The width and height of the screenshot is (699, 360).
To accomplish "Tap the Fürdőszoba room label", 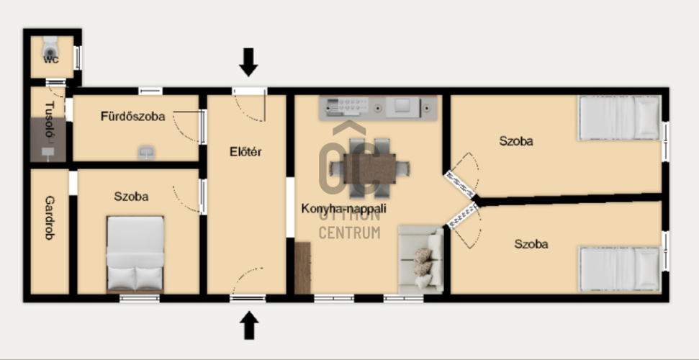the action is pyautogui.click(x=133, y=117).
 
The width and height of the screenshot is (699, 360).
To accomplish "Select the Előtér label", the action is pyautogui.click(x=245, y=152).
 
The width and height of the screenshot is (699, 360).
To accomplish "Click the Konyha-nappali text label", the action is pyautogui.click(x=343, y=208).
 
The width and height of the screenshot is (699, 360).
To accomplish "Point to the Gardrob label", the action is pyautogui.click(x=50, y=217).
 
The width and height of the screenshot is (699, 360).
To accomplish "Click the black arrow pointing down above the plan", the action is pyautogui.click(x=248, y=62).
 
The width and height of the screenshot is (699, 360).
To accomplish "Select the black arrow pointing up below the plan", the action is pyautogui.click(x=249, y=325).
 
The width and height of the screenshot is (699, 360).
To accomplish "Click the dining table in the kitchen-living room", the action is pyautogui.click(x=370, y=168).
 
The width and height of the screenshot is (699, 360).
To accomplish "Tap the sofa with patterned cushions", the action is pyautogui.click(x=421, y=259).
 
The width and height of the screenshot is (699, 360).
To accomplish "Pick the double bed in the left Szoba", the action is pyautogui.click(x=135, y=254).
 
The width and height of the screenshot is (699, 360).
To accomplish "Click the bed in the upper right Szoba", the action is pyautogui.click(x=619, y=118).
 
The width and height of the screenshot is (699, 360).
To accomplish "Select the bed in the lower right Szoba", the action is pyautogui.click(x=619, y=269).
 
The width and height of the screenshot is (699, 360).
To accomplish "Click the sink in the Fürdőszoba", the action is pyautogui.click(x=146, y=153).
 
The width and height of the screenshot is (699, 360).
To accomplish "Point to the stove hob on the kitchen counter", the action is pyautogui.click(x=348, y=107).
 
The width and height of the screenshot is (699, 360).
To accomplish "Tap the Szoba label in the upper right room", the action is pyautogui.click(x=515, y=141).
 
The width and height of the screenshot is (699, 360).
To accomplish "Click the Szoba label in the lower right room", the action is pyautogui.click(x=531, y=244).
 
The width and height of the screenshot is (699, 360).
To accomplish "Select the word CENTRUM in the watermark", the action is pyautogui.click(x=350, y=233).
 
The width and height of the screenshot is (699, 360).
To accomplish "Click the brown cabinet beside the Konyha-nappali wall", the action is pyautogui.click(x=302, y=268).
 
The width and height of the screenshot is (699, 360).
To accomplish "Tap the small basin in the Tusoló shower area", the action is pyautogui.click(x=48, y=152).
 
